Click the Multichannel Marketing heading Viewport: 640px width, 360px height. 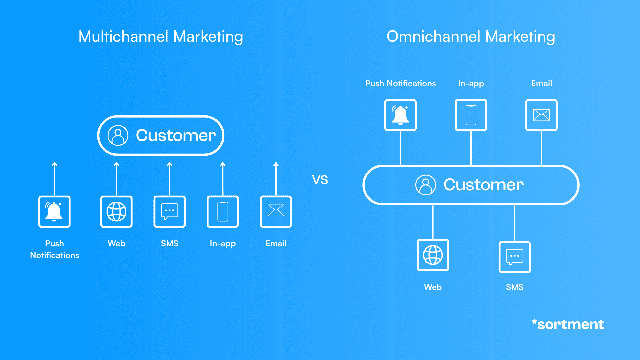coord(161,37)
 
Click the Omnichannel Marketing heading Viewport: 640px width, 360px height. coord(471,37)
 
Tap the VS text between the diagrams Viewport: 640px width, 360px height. coord(320,180)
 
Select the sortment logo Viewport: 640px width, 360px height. coord(568,324)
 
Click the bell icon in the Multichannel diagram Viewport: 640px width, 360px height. coord(54,212)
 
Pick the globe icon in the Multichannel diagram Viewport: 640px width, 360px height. coord(116,212)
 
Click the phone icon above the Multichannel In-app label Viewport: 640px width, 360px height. coord(223,212)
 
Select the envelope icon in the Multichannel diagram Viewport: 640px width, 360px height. coord(276,211)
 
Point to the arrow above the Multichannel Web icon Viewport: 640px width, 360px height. coord(116,178)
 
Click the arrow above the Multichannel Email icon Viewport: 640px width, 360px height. coord(276,178)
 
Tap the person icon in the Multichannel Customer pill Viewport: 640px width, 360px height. coord(118,135)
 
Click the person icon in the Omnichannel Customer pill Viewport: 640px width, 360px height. coord(426,185)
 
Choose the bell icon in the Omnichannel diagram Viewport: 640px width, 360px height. coord(400,115)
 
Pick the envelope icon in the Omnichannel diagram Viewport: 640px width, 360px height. coord(541,115)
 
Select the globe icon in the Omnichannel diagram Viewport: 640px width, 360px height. coord(433,255)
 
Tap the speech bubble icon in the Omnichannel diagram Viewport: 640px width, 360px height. coord(515,257)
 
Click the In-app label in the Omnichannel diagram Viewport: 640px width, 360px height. coord(471,84)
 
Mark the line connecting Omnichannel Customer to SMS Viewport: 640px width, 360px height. coord(515,223)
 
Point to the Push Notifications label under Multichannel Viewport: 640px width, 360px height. coord(55,249)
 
